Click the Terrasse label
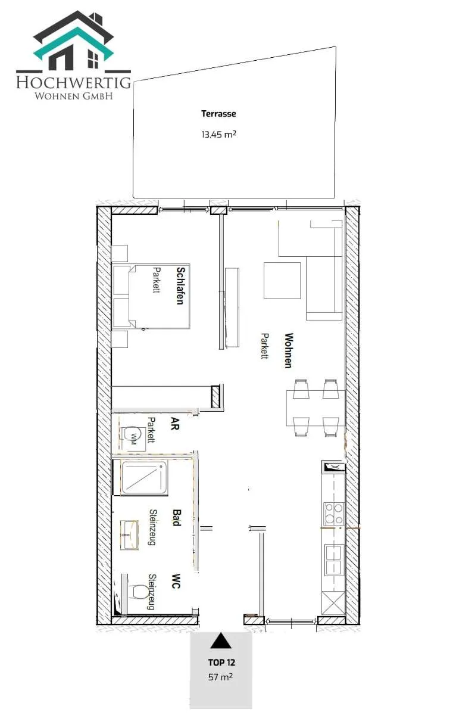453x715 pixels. [x=218, y=114]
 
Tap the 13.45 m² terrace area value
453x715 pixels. [x=218, y=134]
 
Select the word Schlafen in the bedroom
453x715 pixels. [x=181, y=285]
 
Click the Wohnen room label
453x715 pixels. [x=289, y=350]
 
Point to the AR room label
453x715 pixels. [x=174, y=424]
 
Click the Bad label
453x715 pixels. [x=177, y=517]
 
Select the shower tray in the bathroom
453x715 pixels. [x=145, y=478]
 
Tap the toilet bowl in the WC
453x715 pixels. [x=139, y=592]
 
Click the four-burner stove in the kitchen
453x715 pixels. [x=334, y=514]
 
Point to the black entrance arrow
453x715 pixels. [x=221, y=641]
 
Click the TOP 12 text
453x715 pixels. [x=221, y=663]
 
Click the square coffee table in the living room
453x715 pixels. [x=282, y=281]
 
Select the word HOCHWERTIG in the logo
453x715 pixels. [x=74, y=82]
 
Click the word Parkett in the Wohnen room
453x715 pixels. [x=264, y=346]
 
